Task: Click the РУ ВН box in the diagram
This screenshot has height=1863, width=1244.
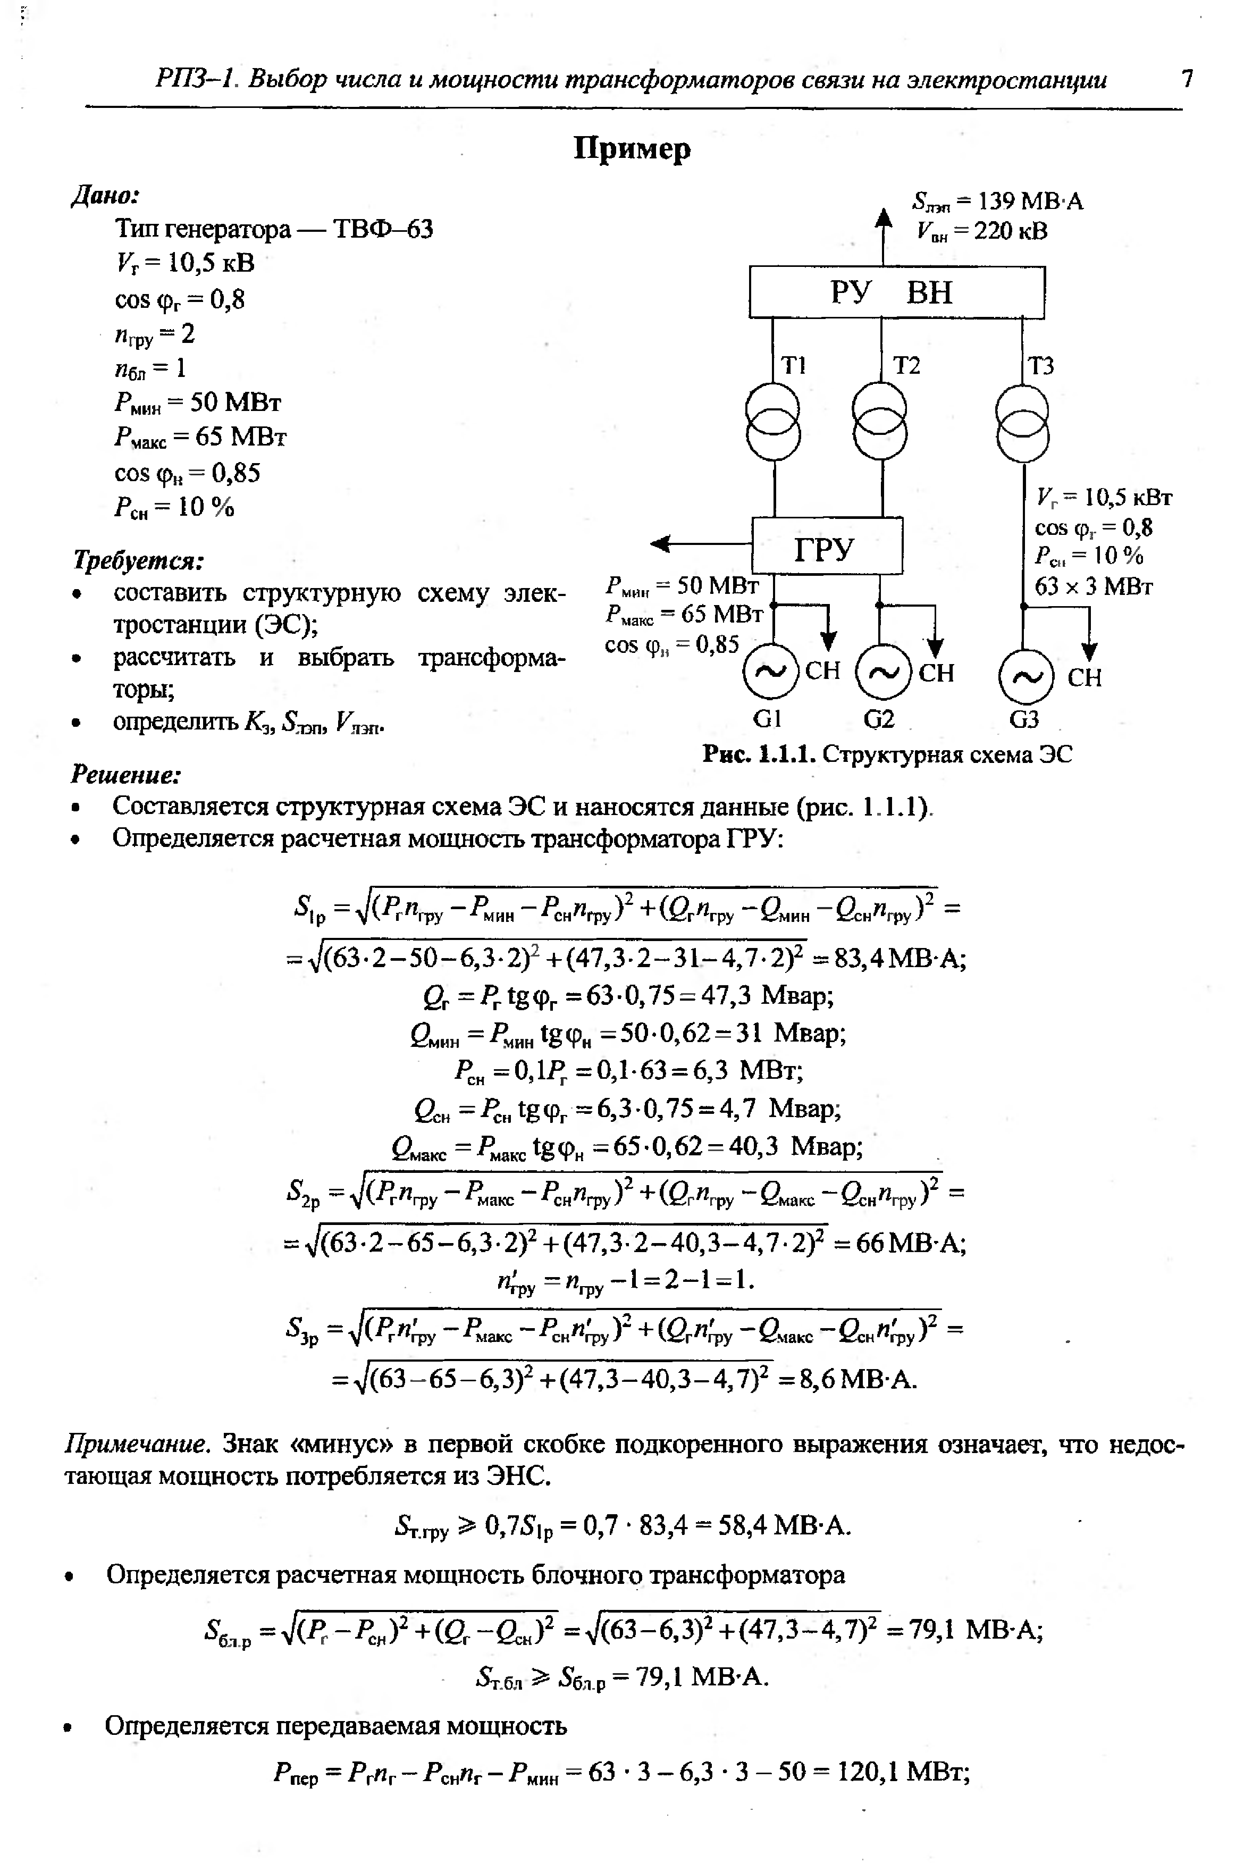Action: pos(896,292)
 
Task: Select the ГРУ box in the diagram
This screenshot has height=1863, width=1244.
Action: pos(827,546)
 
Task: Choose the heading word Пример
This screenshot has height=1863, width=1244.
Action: pos(632,149)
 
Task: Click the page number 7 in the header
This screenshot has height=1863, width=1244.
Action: pos(1186,79)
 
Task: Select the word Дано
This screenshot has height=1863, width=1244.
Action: pos(105,195)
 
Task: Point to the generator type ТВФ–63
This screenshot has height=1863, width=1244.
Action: pos(383,229)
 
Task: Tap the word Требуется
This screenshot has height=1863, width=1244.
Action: pos(138,560)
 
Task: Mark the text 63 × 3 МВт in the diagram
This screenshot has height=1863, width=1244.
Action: pos(1093,586)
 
